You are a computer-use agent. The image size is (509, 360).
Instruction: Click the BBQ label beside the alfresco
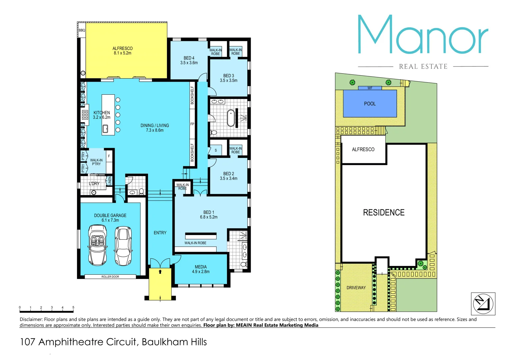click(82, 30)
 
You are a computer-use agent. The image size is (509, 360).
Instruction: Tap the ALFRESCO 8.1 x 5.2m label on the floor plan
click(122, 51)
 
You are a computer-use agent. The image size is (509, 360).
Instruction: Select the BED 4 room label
click(189, 60)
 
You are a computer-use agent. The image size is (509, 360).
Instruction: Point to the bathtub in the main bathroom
click(231, 118)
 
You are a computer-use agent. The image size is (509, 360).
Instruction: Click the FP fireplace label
click(192, 124)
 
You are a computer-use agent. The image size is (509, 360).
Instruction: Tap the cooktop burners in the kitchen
click(85, 115)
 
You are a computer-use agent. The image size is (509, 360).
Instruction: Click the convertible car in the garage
click(97, 245)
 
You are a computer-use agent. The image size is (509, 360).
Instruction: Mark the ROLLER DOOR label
click(110, 277)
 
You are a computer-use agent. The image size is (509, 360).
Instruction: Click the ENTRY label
click(160, 233)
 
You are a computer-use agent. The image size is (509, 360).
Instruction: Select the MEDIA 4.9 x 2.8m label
click(201, 269)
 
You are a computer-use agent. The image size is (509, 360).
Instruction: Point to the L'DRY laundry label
click(94, 184)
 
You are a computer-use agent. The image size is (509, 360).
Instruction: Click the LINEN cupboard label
click(110, 181)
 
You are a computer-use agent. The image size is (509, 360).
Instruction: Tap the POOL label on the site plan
click(370, 104)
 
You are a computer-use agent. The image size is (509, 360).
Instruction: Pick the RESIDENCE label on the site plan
click(384, 212)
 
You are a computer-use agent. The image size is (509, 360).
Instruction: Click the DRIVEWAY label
click(356, 288)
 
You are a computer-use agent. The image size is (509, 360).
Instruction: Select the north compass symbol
click(483, 304)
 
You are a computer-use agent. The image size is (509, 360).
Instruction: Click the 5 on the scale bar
click(73, 307)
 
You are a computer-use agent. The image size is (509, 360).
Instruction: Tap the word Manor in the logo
click(423, 35)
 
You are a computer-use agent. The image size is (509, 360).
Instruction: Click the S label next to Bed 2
click(216, 150)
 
